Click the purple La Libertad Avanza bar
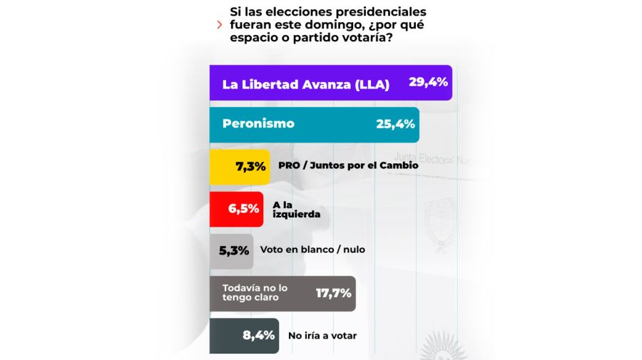tap(330, 83)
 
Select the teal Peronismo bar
tap(314, 125)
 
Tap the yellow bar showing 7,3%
tap(240, 167)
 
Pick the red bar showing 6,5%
tap(236, 209)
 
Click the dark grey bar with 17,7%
tap(282, 293)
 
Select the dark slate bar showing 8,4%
tap(243, 335)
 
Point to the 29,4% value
tap(428, 83)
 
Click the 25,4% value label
tap(395, 125)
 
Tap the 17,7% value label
tap(334, 293)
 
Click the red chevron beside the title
tap(219, 25)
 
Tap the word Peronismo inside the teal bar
tap(258, 124)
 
